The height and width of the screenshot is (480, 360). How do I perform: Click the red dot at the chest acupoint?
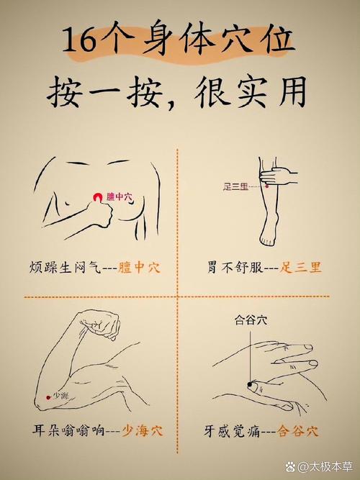[x=98, y=196]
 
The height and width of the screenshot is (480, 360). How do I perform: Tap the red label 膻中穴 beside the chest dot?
[x=120, y=196]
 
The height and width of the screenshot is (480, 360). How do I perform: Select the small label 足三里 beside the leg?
[x=235, y=187]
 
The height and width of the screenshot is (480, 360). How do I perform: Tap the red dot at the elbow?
[x=48, y=396]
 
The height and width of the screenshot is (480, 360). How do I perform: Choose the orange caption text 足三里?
[x=302, y=268]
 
